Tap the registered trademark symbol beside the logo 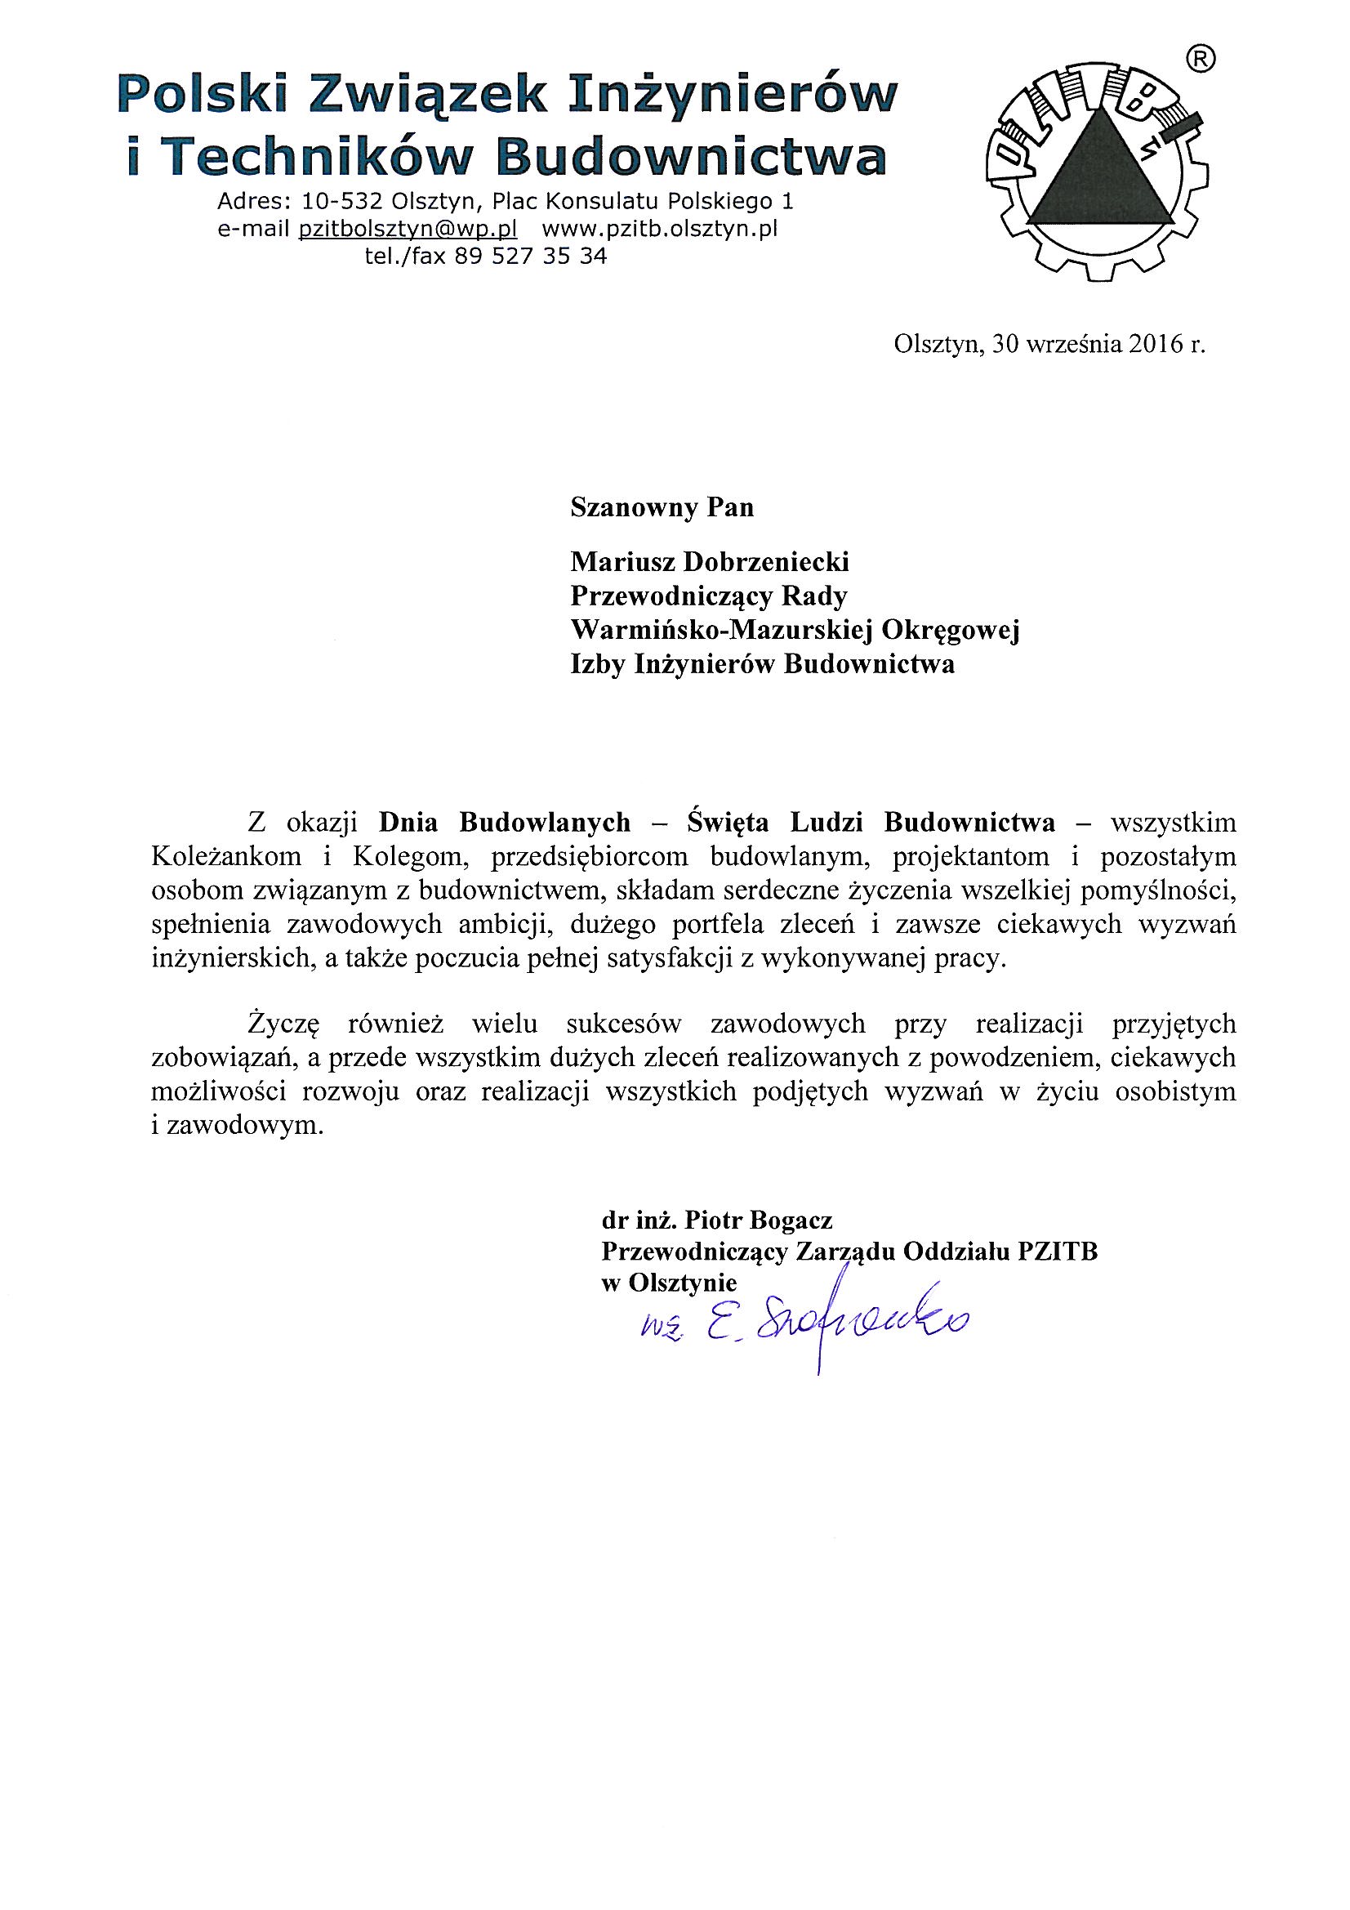click(1201, 58)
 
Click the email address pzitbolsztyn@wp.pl click(408, 229)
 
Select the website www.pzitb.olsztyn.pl click(660, 229)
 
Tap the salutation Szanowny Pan click(662, 507)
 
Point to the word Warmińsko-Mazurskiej click(720, 630)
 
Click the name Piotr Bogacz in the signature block click(758, 1221)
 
